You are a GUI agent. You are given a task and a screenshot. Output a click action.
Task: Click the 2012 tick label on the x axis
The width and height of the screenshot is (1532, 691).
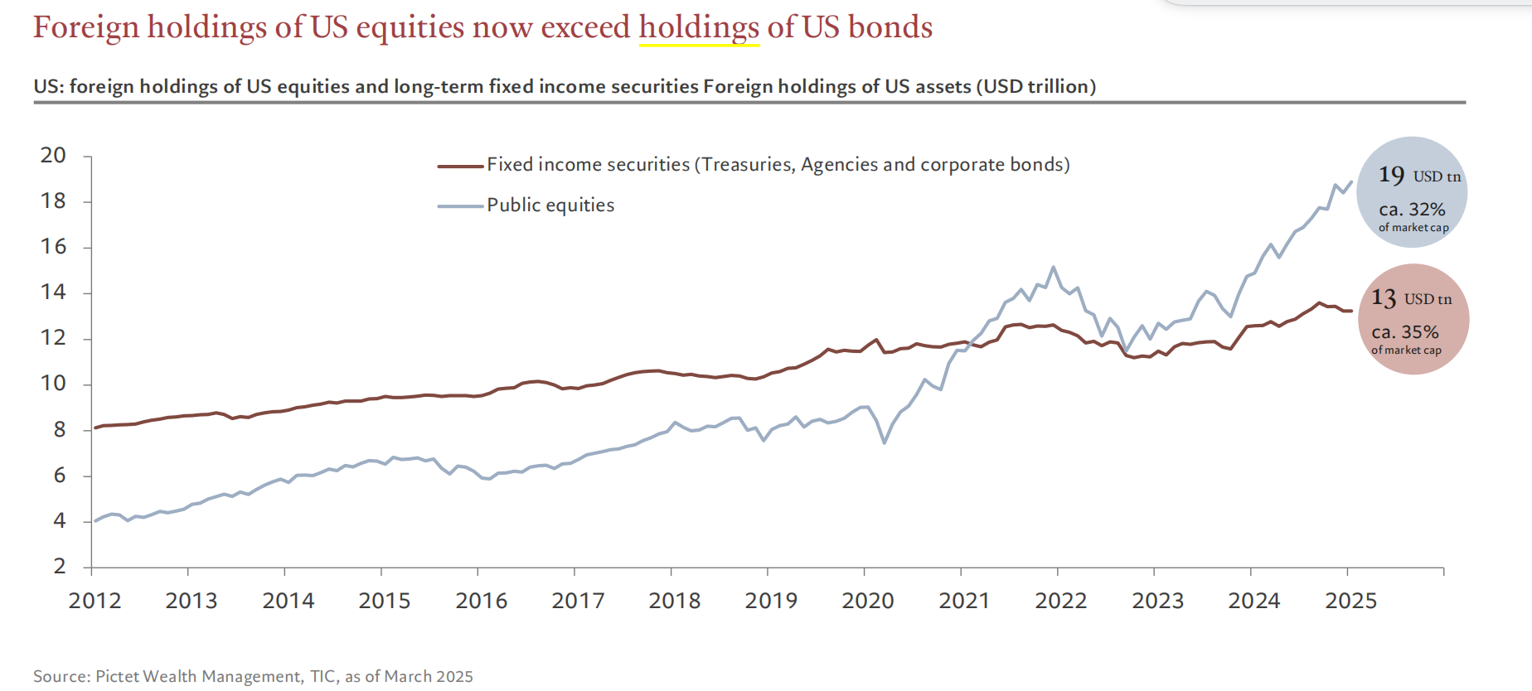pyautogui.click(x=95, y=601)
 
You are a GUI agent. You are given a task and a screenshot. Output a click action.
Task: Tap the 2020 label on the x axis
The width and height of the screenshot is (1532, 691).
pyautogui.click(x=868, y=601)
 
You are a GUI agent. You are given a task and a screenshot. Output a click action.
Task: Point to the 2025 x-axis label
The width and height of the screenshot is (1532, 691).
pyautogui.click(x=1350, y=601)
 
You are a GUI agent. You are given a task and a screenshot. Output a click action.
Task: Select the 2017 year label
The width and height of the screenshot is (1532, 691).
pyautogui.click(x=578, y=601)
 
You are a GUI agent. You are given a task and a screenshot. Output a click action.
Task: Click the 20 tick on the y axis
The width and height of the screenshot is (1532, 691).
pyautogui.click(x=53, y=155)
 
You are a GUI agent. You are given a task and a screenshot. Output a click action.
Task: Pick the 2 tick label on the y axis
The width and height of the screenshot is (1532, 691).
pyautogui.click(x=60, y=566)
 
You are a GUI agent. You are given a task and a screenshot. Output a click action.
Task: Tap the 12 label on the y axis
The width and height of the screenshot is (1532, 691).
pyautogui.click(x=53, y=337)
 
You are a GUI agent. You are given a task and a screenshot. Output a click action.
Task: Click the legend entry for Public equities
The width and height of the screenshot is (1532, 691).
pyautogui.click(x=550, y=205)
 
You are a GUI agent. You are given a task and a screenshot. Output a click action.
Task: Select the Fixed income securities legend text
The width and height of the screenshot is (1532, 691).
pyautogui.click(x=778, y=164)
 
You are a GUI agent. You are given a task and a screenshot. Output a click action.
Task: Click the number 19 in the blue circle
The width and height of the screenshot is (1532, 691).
pyautogui.click(x=1391, y=175)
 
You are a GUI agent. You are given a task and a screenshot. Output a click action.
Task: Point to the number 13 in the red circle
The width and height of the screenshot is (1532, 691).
pyautogui.click(x=1384, y=297)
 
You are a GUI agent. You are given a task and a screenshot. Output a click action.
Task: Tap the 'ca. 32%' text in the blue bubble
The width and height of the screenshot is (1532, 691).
pyautogui.click(x=1412, y=209)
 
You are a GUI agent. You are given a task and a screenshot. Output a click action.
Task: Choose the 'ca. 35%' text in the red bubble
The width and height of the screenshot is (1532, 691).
pyautogui.click(x=1405, y=331)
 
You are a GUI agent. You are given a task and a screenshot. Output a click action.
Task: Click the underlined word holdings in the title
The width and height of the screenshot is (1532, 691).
pyautogui.click(x=699, y=27)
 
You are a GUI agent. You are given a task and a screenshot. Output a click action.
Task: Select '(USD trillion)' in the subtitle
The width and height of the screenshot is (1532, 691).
pyautogui.click(x=1035, y=86)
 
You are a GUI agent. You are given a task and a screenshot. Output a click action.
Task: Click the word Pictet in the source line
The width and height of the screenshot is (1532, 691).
pyautogui.click(x=119, y=676)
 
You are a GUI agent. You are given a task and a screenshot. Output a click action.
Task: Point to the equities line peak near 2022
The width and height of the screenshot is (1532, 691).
pyautogui.click(x=1053, y=267)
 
